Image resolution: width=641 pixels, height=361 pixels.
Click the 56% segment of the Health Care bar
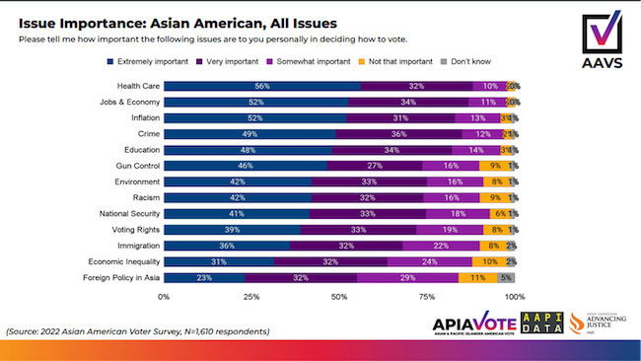(x=261, y=86)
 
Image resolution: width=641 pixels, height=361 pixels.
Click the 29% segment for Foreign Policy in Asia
(x=407, y=278)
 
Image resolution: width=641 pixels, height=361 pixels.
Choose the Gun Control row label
(x=132, y=166)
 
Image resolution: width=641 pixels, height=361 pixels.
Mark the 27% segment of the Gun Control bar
(x=373, y=166)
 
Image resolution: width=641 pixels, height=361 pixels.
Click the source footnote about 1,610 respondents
(x=137, y=330)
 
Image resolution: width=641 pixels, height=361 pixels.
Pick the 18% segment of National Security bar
(x=458, y=214)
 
